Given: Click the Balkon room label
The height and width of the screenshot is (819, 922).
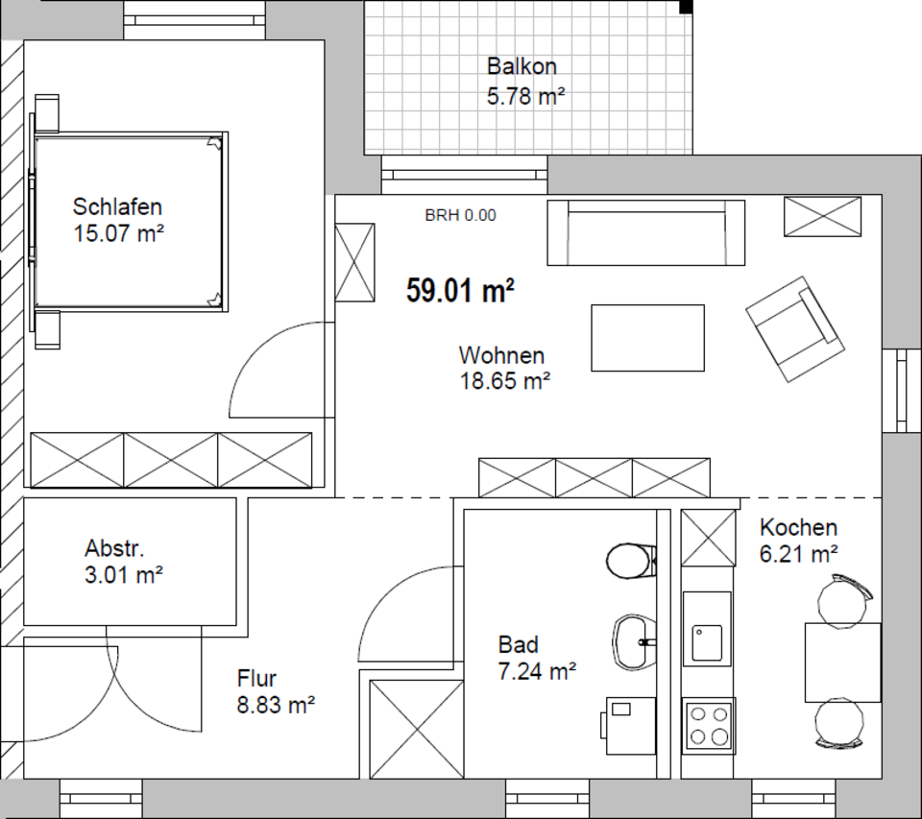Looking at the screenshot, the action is coord(522,66).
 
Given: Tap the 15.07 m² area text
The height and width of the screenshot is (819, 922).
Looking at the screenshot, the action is coord(118,233).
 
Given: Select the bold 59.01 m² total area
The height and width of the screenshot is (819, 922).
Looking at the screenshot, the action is coord(460,290).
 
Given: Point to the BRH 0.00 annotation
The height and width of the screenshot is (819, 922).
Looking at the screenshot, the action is coord(460,215).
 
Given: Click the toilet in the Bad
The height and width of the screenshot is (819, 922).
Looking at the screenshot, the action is coord(630,561).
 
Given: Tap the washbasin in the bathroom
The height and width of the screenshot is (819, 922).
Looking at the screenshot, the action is coord(634,641).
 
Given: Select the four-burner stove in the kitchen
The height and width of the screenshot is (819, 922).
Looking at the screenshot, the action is coord(709,726).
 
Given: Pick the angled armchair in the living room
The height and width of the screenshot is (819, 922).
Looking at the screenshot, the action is coord(795,329).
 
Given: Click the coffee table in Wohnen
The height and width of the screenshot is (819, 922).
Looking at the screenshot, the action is coord(647,338).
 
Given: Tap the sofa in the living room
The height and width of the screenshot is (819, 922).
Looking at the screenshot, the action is coord(646,232).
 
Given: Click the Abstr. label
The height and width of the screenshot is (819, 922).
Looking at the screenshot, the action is coord(114,548).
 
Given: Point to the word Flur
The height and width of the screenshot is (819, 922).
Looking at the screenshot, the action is coord(256,679).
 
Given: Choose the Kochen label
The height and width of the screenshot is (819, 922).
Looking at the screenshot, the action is coord(798,527).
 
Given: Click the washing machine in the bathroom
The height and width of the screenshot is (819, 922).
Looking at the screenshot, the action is coord(628,726).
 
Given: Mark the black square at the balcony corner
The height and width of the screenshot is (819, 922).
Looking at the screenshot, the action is coord(686,7).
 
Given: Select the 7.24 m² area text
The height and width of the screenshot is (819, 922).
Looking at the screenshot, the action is coord(537,671).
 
